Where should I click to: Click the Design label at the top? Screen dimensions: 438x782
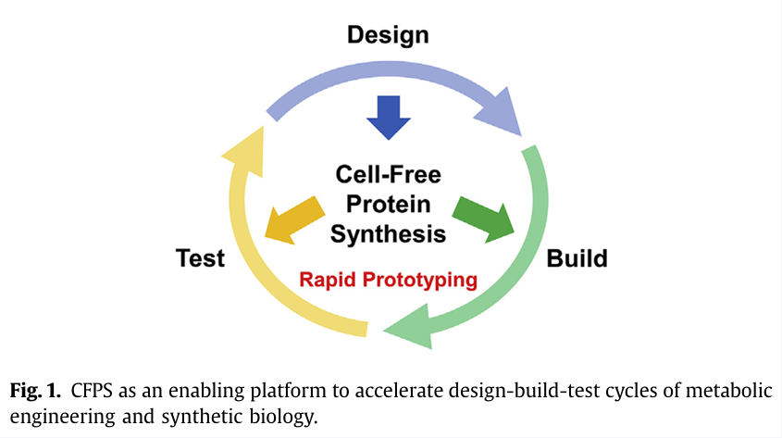click(x=388, y=35)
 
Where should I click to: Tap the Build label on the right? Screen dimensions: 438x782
click(x=577, y=258)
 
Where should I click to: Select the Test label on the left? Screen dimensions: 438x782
click(x=200, y=258)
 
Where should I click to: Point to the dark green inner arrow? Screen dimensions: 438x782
click(x=488, y=219)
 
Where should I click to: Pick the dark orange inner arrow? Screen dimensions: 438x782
click(x=291, y=219)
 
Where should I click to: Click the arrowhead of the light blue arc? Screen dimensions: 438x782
click(x=500, y=110)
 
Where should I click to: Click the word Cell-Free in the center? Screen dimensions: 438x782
click(x=389, y=174)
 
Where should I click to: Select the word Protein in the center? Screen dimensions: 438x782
click(x=389, y=204)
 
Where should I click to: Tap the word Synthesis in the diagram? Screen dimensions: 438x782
click(x=389, y=233)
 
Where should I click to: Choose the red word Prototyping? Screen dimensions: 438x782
click(x=423, y=280)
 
